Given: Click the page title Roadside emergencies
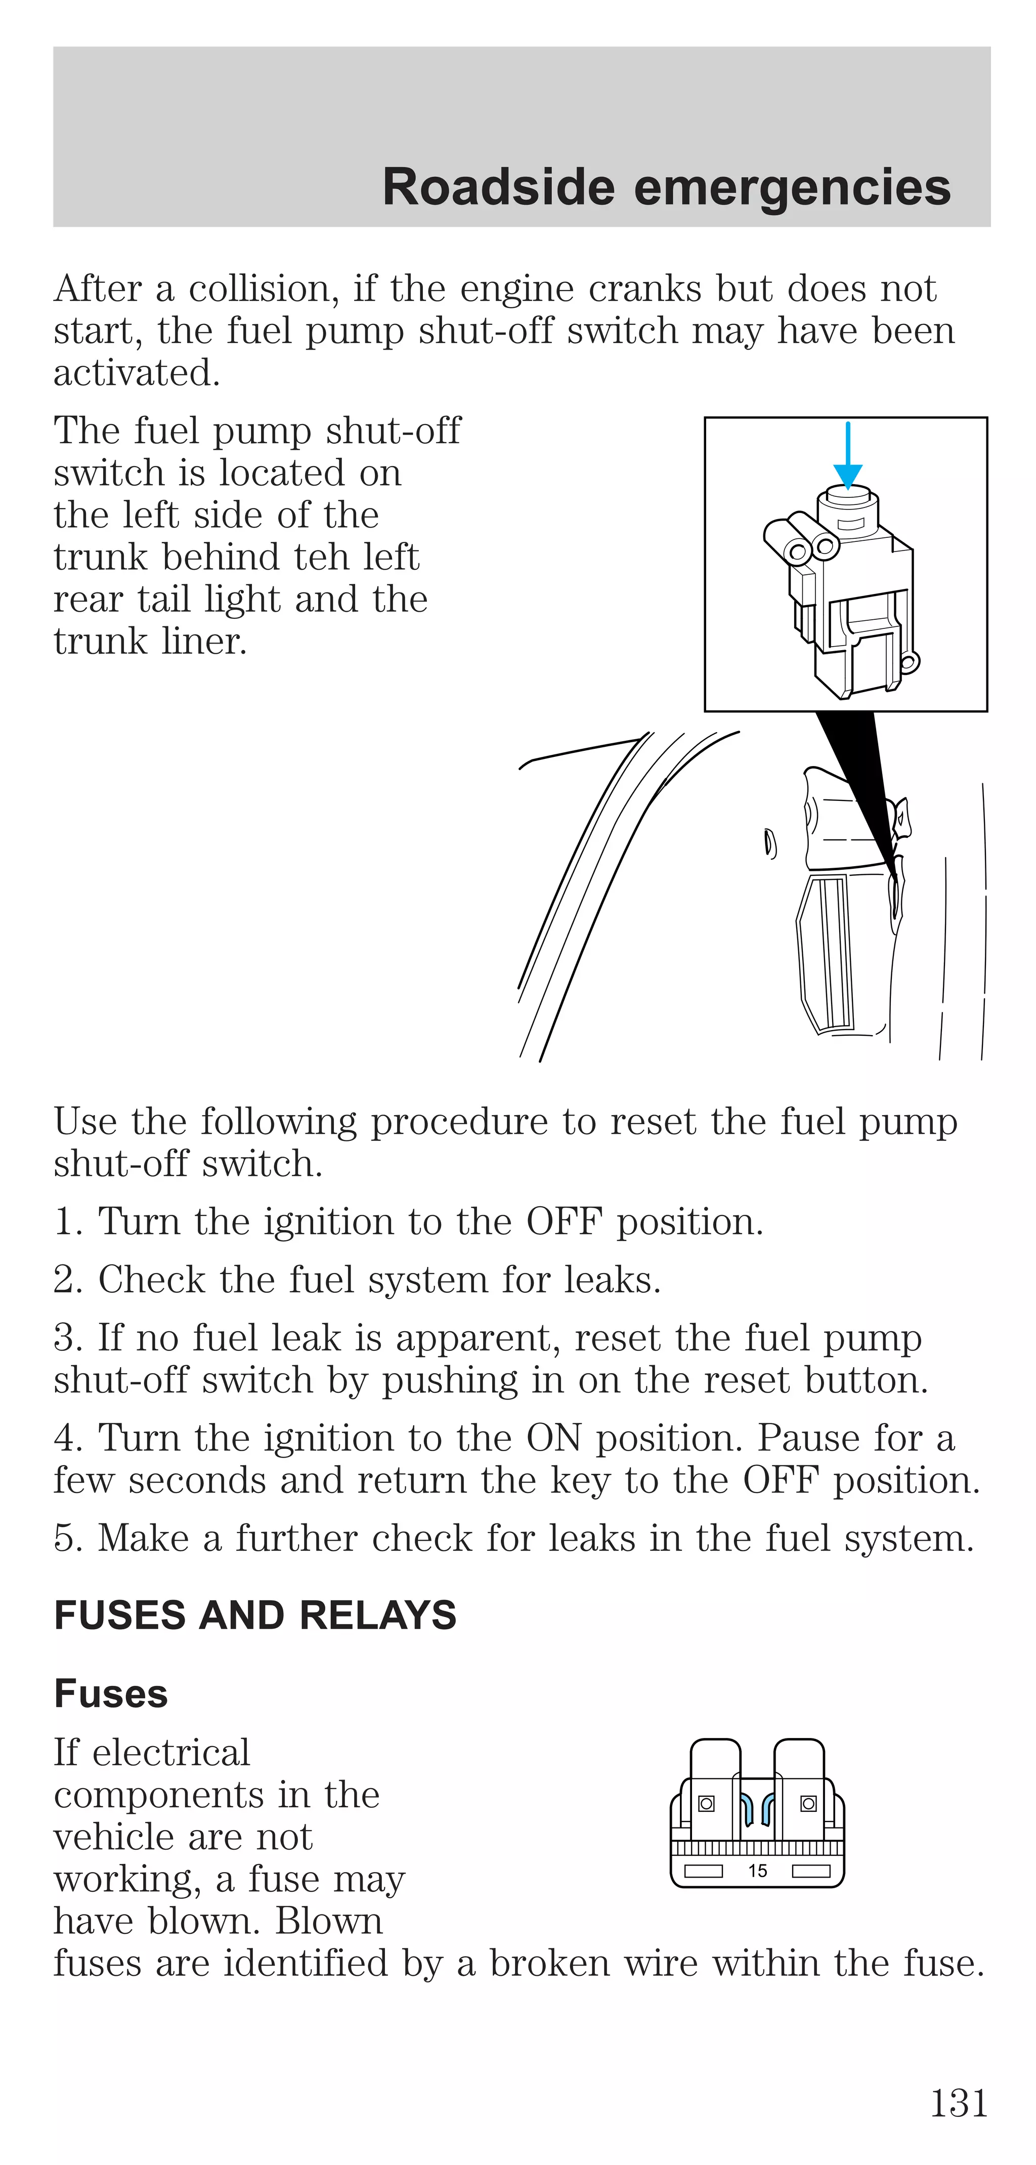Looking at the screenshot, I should (x=666, y=187).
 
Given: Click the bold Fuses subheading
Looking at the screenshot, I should (x=111, y=1693).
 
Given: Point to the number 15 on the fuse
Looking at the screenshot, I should (x=757, y=1871).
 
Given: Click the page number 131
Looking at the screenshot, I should (x=959, y=2103).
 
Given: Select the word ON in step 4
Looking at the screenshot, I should (x=554, y=1438).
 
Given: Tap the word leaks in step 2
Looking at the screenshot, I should (x=612, y=1279).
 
